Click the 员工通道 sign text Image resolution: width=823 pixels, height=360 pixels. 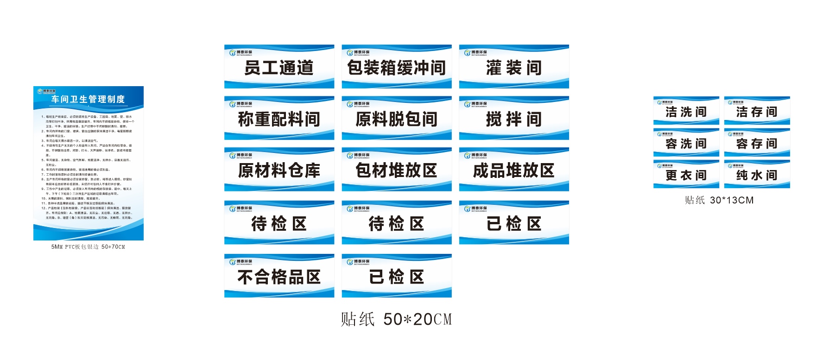(279, 68)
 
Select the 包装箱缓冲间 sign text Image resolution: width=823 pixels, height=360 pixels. (396, 68)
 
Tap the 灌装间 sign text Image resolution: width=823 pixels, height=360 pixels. (514, 68)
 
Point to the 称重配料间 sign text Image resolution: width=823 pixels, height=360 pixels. (279, 120)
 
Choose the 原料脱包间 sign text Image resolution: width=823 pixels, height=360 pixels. (396, 120)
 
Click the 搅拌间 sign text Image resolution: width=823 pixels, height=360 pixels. (514, 120)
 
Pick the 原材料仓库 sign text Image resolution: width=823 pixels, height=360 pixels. (279, 171)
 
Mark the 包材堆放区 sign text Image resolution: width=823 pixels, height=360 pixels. (396, 171)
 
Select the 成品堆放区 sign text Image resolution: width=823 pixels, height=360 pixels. (514, 171)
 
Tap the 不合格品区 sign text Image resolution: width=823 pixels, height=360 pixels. (279, 278)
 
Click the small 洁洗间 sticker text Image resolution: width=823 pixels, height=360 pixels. (686, 112)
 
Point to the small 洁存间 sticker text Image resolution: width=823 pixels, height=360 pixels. (757, 112)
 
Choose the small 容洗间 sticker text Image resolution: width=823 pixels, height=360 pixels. (686, 144)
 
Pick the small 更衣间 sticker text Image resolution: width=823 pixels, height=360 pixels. (686, 176)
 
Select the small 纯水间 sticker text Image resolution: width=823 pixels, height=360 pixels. (757, 176)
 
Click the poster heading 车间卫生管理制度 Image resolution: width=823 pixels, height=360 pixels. (88, 99)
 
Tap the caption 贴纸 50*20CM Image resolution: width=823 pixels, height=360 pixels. (396, 319)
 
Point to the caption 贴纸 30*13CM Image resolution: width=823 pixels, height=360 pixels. (719, 200)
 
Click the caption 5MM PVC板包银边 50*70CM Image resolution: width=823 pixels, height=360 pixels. (88, 247)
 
